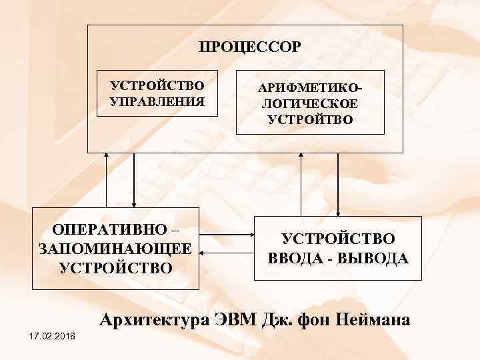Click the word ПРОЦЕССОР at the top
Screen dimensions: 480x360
click(x=250, y=47)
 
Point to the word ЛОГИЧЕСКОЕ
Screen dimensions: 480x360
click(x=310, y=105)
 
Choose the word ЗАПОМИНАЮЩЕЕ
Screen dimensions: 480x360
click(x=116, y=249)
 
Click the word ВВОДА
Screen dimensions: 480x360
click(x=295, y=258)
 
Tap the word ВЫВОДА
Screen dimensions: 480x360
click(x=375, y=258)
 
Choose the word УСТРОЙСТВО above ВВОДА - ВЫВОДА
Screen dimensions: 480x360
click(x=338, y=239)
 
